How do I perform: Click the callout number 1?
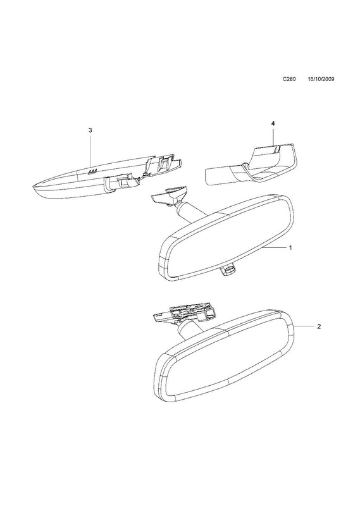click(290, 248)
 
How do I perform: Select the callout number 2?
click(319, 326)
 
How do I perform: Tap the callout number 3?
click(90, 130)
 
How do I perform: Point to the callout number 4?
click(273, 123)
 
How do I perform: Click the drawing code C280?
click(289, 79)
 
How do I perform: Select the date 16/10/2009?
click(321, 79)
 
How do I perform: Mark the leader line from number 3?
click(90, 150)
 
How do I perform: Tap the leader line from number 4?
click(273, 136)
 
